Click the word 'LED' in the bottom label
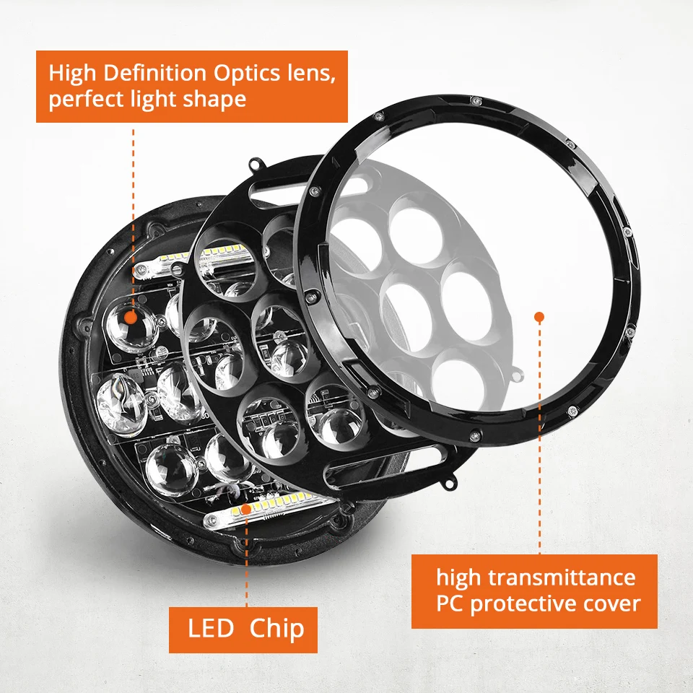[x=210, y=628]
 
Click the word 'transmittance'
[x=562, y=577]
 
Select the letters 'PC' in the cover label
[x=450, y=603]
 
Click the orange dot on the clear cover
[x=539, y=316]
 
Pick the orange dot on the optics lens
[x=130, y=317]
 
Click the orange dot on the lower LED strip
[x=246, y=509]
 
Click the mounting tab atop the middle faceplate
[x=257, y=166]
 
